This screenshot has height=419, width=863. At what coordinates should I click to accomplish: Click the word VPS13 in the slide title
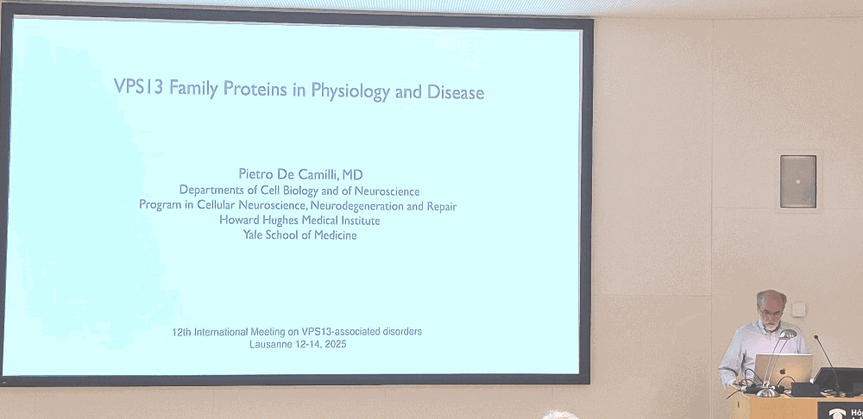point(138,90)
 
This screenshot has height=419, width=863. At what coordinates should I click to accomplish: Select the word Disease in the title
point(456,91)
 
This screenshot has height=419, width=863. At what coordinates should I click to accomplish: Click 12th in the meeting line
point(185,332)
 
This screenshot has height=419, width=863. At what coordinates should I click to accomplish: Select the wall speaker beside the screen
point(797,181)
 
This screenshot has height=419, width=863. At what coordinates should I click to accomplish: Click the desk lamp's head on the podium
point(787,335)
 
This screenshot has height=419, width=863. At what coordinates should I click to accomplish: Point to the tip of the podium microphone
point(816,338)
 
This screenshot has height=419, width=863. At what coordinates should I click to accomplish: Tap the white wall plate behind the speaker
point(799,308)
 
